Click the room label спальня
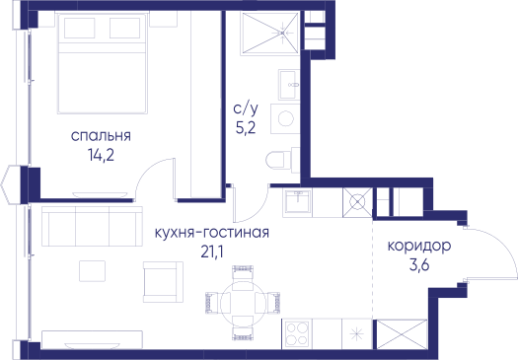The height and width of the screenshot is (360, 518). pos(101,136)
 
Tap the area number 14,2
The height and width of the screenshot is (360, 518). pos(101,155)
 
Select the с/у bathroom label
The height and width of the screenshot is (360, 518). pos(246,108)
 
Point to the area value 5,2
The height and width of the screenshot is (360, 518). pos(246,128)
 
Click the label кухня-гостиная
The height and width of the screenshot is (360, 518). pos(212,233)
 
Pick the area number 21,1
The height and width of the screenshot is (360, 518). pos(212,252)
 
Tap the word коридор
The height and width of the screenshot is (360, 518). pos(419,246)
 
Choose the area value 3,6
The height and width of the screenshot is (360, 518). pos(419,265)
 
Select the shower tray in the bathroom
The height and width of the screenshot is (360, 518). pos(270,33)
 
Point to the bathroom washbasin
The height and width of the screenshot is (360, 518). pos(289,85)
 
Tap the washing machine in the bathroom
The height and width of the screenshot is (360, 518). pos(285,119)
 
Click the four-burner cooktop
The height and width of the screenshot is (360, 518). pos(297,333)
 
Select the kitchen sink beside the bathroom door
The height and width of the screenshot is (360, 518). pos(297,202)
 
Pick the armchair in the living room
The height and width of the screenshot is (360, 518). pos(163,282)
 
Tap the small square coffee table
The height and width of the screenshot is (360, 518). pos(92,271)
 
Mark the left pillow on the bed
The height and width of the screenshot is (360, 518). pos(79,28)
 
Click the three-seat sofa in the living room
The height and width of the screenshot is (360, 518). pos(92,226)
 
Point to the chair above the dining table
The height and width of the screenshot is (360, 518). pos(243,273)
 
